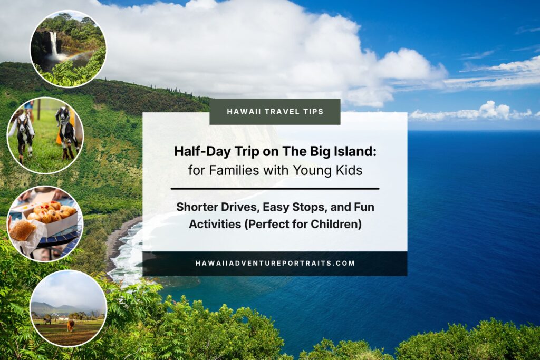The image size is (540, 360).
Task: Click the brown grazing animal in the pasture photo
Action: [70, 325]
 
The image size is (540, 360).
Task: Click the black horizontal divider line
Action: [275, 188]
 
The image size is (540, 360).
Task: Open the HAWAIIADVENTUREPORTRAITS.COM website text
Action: [275, 263]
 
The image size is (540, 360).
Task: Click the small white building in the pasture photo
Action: [62, 318]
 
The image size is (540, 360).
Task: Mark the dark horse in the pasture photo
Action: [46, 320]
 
